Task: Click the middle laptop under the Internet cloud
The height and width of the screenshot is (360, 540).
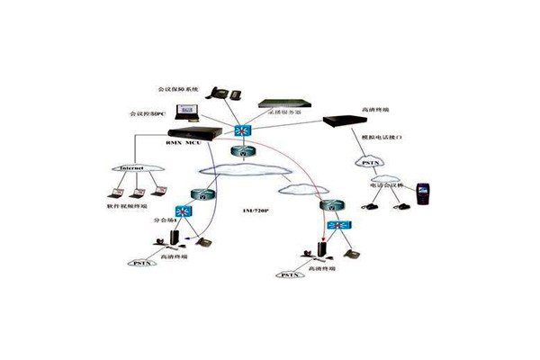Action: point(135,192)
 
